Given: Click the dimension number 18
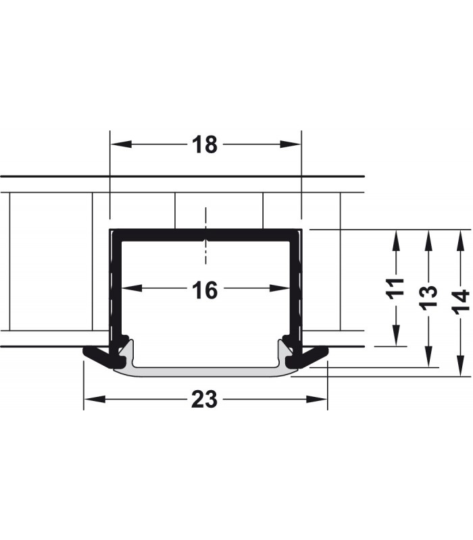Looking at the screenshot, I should pyautogui.click(x=204, y=144).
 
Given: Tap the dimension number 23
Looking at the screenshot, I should pyautogui.click(x=204, y=400).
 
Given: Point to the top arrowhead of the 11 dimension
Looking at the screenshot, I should pyautogui.click(x=397, y=236).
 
